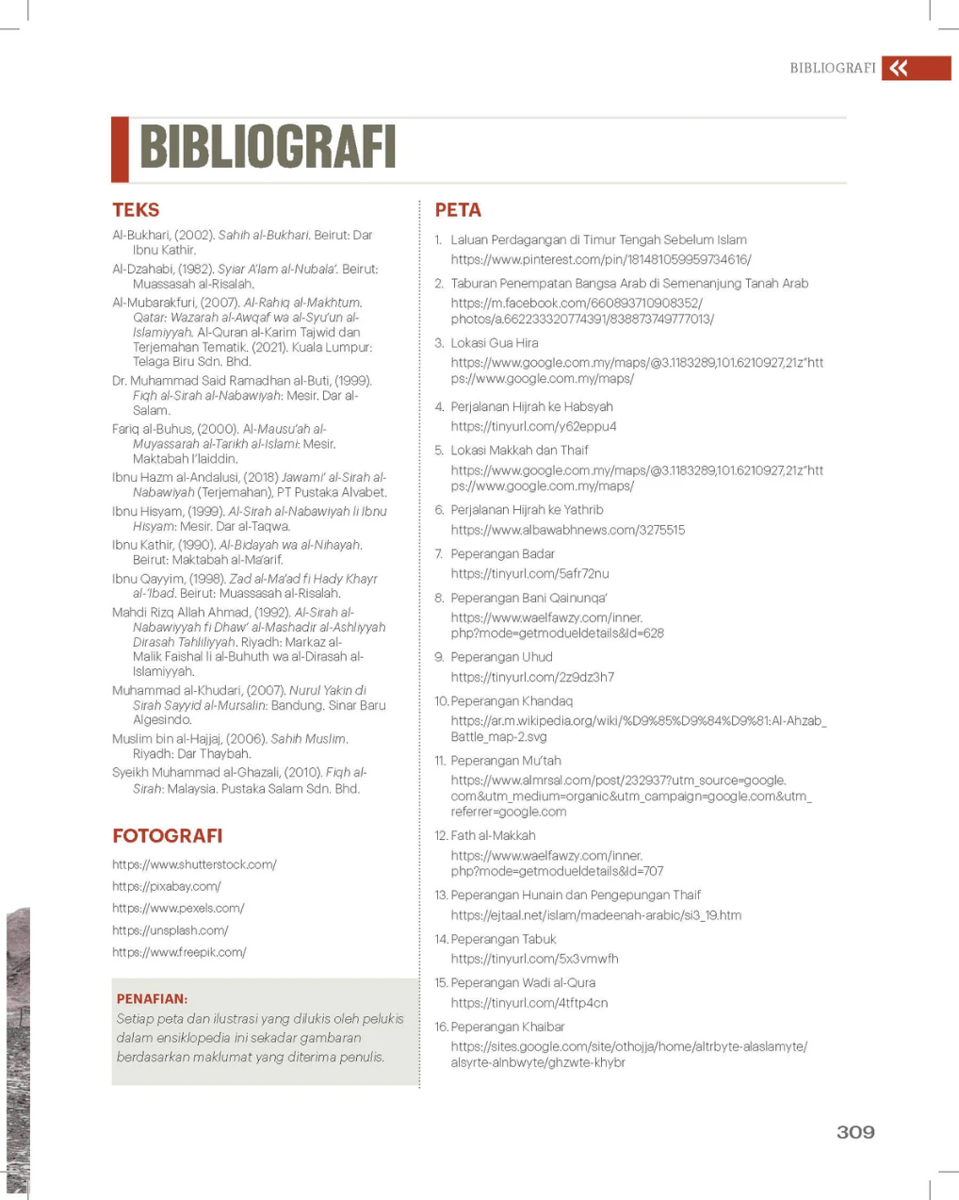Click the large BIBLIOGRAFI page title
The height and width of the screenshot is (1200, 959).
[268, 148]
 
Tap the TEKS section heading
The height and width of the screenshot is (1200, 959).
[136, 210]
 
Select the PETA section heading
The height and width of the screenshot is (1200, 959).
[458, 210]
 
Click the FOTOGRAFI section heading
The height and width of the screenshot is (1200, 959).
[168, 835]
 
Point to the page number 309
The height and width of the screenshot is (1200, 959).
[855, 1132]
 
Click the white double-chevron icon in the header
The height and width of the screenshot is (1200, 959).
[899, 68]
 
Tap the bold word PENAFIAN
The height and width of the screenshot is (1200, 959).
[152, 998]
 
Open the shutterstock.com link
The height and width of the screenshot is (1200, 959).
[194, 864]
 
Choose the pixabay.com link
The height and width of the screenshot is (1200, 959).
[167, 886]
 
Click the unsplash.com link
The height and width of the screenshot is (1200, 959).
[171, 930]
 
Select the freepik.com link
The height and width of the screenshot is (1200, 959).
[179, 952]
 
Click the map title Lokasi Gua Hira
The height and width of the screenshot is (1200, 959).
[495, 343]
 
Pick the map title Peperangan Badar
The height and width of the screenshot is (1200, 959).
[502, 553]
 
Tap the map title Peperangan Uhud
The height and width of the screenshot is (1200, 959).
[501, 657]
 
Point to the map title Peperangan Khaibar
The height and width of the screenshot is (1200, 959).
[508, 1027]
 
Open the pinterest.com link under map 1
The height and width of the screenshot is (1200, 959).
[601, 259]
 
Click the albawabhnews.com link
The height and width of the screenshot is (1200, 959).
[567, 530]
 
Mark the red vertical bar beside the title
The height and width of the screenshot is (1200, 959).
[120, 149]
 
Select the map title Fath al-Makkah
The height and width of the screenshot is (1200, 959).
[493, 835]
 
